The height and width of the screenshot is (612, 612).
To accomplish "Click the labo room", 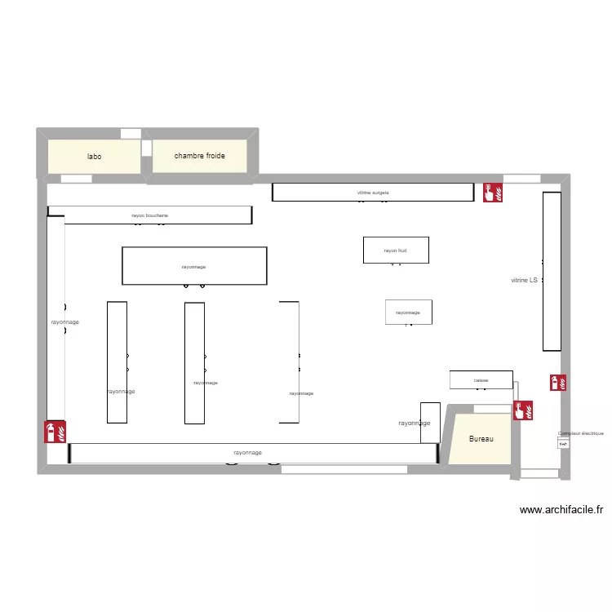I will [95, 156].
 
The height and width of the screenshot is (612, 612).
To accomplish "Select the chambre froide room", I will [199, 156].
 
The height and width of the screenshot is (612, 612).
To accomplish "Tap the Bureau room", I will [481, 439].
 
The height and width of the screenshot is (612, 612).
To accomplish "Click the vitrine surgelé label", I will [373, 193].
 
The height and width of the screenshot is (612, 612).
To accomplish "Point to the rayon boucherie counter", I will [149, 215].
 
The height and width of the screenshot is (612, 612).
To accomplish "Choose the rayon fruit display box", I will [396, 251].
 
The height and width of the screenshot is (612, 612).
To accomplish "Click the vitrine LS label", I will [524, 281].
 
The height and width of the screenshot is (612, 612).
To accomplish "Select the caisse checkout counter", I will [481, 379].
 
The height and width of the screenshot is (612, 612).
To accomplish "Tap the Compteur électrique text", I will [580, 434].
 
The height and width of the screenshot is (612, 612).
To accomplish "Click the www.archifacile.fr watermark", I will [561, 510].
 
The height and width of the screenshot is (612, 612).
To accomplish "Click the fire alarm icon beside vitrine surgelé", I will [493, 192].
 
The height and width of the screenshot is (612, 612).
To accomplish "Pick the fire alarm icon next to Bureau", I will [522, 410].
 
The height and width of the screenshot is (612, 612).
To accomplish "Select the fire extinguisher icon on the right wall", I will [558, 382].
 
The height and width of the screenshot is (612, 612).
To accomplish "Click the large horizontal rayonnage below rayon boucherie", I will [194, 266].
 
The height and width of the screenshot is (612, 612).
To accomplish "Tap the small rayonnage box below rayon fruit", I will [408, 312].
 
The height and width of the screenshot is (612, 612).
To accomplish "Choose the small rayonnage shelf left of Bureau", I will [430, 423].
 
